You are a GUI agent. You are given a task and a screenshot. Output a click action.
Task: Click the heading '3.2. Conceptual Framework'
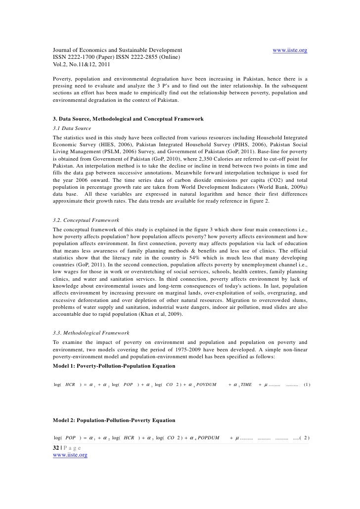[86, 219]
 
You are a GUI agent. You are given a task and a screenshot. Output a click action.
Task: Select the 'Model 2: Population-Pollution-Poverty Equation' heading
[114, 421]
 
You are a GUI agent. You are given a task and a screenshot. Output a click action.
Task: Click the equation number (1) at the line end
[307, 384]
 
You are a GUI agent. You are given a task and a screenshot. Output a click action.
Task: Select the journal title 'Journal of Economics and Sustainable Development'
[118, 50]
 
